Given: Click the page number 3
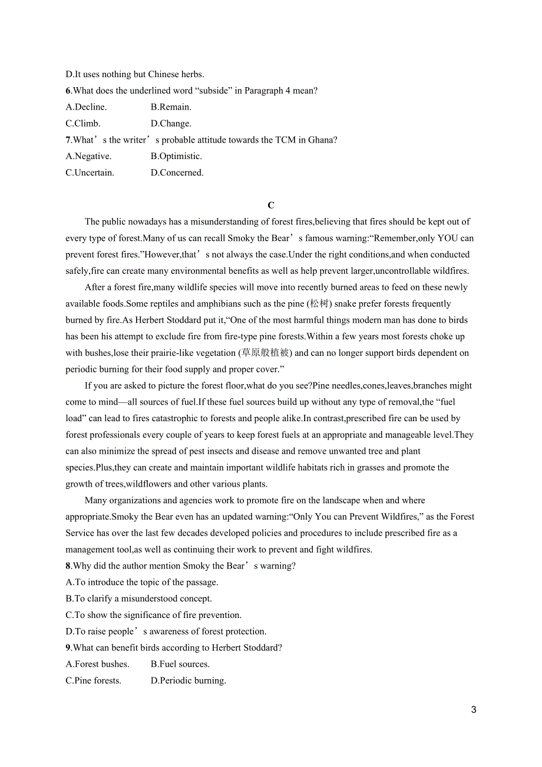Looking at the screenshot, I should click(474, 710).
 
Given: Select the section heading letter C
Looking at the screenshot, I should click(271, 206).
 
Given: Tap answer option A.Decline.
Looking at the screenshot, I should click(86, 107).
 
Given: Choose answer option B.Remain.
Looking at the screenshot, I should click(171, 107).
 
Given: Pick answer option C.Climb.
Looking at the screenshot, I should click(83, 124).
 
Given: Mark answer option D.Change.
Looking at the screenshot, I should click(171, 124).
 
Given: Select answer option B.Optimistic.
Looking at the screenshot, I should click(176, 156).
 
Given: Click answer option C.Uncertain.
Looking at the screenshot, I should click(90, 173).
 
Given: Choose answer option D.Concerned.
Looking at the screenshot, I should click(177, 173).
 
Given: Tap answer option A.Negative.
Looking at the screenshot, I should click(88, 156).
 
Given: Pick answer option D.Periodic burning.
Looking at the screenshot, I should click(189, 680).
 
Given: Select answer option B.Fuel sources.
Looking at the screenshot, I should click(180, 664).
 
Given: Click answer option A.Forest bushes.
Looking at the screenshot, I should click(97, 664).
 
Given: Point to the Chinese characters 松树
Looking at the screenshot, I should click(319, 304).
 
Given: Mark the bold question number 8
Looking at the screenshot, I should click(68, 566).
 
